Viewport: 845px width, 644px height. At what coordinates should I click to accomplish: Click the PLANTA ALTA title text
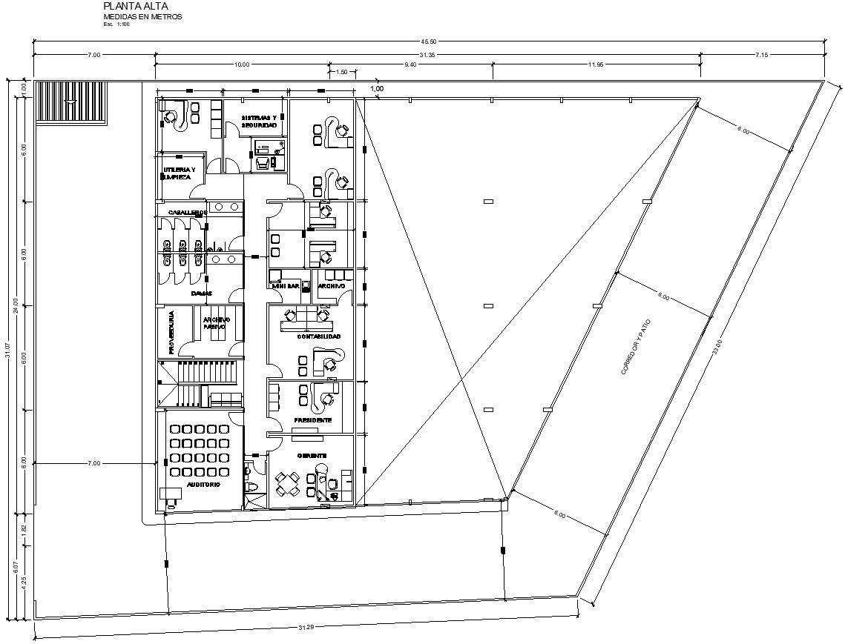coord(131,7)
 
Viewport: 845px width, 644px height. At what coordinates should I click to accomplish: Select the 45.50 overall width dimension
coord(428,42)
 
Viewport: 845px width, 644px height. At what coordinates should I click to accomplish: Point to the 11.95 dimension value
coord(596,65)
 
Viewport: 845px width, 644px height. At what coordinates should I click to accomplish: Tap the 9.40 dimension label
coord(410,65)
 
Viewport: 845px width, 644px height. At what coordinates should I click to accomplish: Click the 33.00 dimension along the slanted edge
coord(717,346)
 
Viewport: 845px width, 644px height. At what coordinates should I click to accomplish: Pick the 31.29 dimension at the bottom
coord(306,628)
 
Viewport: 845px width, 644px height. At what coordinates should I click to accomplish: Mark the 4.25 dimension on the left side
coord(24,582)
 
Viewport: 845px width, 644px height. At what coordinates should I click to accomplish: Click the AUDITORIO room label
coord(203,484)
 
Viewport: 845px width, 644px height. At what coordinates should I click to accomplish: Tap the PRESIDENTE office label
coord(312,420)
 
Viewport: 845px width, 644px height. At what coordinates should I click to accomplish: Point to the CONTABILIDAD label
coord(319,336)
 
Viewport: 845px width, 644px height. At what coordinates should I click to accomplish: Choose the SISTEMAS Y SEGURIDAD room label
coord(258,122)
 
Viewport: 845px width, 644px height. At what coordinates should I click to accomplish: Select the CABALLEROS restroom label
coord(187,213)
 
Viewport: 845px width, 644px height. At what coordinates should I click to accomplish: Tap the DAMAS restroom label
coord(201,293)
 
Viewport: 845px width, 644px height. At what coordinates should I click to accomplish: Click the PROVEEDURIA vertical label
coord(171,332)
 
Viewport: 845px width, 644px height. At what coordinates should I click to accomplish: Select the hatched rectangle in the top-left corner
coord(72,103)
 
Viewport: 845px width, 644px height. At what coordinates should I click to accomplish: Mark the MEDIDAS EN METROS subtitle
coord(142,17)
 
